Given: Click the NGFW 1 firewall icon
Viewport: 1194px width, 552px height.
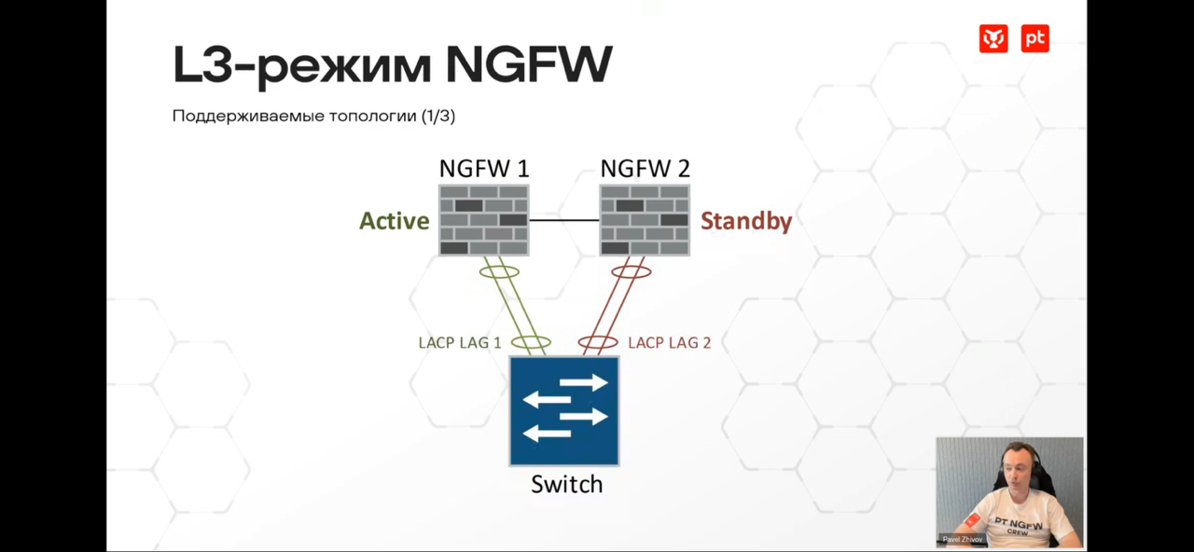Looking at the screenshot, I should [483, 220].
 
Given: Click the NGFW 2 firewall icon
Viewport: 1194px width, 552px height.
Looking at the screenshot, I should [645, 220].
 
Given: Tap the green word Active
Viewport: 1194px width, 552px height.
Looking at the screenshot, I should [395, 221].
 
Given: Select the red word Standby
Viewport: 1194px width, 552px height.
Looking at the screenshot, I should [746, 221].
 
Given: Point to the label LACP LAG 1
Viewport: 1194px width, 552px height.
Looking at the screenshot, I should [460, 343].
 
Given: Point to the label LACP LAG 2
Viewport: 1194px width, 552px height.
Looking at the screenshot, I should [669, 343].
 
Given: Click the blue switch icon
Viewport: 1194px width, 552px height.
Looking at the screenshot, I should [564, 410].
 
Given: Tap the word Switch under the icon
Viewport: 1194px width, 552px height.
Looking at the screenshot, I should [566, 484].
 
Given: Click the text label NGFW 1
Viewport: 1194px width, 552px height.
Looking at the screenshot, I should [483, 169].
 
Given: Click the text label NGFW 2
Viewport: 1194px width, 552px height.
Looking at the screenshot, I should [645, 169].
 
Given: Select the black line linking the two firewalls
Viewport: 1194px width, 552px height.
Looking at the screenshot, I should [564, 220].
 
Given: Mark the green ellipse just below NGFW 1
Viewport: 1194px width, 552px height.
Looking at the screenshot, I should [499, 271].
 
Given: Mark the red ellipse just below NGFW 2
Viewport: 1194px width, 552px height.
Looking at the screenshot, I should [632, 271].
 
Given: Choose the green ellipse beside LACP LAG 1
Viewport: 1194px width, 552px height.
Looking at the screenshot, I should [531, 342].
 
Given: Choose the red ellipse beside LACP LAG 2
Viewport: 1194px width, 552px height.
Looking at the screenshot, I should [598, 342].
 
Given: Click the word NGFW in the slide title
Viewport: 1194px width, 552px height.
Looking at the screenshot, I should [528, 65].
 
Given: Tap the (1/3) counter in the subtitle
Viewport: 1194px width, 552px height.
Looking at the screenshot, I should [437, 117].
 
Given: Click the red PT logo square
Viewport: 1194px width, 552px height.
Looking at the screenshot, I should [1034, 38].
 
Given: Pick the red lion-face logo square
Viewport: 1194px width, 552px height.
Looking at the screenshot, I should [993, 38].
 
